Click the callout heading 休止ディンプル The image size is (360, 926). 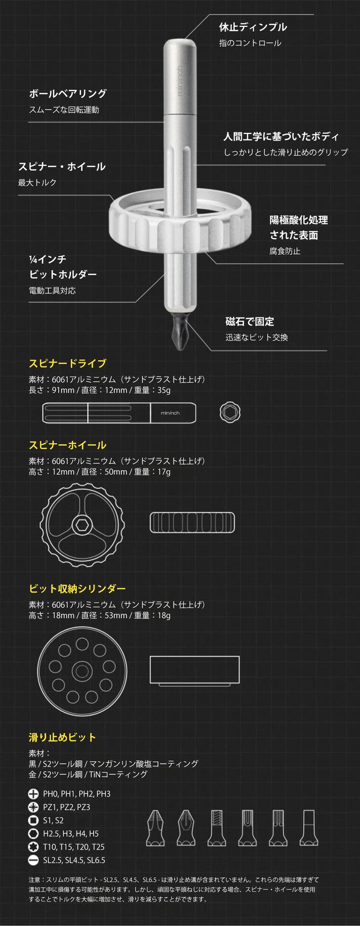(x=252, y=27)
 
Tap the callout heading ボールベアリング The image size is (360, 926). (x=68, y=94)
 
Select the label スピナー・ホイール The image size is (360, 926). (x=62, y=166)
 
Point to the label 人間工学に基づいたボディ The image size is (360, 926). (x=281, y=136)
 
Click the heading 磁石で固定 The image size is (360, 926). (x=249, y=321)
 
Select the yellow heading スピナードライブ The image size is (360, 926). (x=67, y=363)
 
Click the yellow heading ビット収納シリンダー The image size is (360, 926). (x=77, y=588)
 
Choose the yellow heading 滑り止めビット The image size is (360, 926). (x=62, y=737)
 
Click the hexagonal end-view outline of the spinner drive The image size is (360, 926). (x=230, y=412)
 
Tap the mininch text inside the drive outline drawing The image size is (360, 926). (x=170, y=413)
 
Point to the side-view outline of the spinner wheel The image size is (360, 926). (x=192, y=523)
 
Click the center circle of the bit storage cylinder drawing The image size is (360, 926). (x=81, y=671)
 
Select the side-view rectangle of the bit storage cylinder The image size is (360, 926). (x=195, y=671)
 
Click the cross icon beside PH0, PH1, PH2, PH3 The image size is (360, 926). (x=33, y=794)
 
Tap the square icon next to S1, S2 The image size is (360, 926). (x=33, y=820)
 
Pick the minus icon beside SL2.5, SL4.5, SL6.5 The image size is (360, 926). (x=33, y=860)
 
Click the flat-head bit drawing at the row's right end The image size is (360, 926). (x=309, y=827)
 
